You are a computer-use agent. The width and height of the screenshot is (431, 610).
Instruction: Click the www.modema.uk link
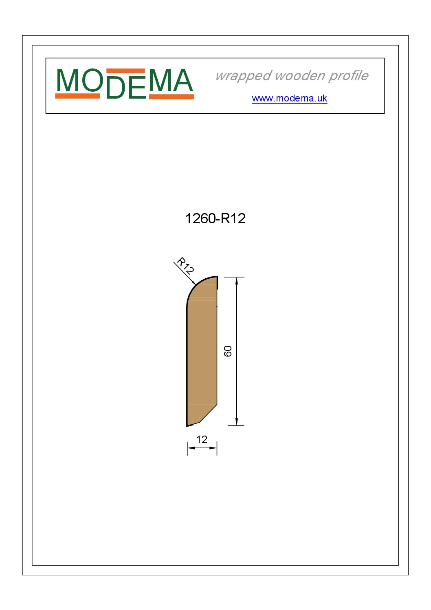(289, 98)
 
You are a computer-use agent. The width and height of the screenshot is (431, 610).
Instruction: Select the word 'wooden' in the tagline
(300, 75)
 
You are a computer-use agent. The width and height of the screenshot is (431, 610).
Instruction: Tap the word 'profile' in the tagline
(348, 76)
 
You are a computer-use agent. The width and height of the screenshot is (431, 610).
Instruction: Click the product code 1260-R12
(215, 218)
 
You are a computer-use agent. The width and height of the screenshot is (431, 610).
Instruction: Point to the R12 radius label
(185, 266)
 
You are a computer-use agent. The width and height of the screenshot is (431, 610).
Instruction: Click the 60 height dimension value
(228, 351)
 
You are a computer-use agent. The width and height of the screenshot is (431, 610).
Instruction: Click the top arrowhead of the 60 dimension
(237, 282)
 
